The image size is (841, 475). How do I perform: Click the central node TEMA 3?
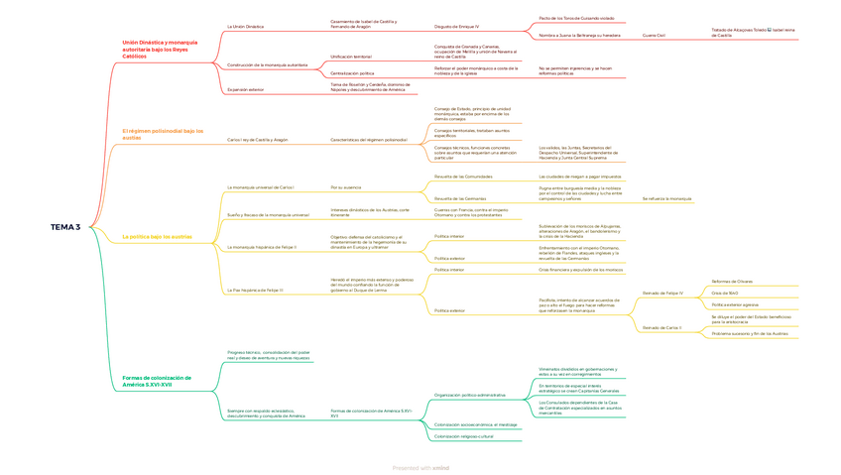pyautogui.click(x=65, y=227)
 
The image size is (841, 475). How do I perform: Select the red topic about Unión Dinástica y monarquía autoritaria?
pyautogui.click(x=160, y=50)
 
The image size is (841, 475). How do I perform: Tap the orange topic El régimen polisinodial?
pyautogui.click(x=163, y=134)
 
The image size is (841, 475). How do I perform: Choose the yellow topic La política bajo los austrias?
pyautogui.click(x=157, y=237)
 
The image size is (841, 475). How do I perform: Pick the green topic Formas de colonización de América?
pyautogui.click(x=157, y=381)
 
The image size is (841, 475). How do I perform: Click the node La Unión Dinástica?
pyautogui.click(x=246, y=27)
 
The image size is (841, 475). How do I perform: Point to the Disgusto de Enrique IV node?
pyautogui.click(x=456, y=27)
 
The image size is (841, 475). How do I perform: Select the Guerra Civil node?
pyautogui.click(x=654, y=36)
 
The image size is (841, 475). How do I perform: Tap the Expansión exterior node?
pyautogui.click(x=246, y=90)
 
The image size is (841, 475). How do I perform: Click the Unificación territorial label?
pyautogui.click(x=351, y=57)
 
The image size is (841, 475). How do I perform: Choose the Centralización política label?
pyautogui.click(x=352, y=73)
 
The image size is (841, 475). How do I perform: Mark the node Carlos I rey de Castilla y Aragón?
pyautogui.click(x=258, y=140)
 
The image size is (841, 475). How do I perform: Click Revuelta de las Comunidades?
pyautogui.click(x=463, y=177)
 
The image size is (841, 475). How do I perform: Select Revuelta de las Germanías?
pyautogui.click(x=460, y=198)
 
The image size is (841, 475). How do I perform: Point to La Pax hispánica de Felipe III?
pyautogui.click(x=255, y=291)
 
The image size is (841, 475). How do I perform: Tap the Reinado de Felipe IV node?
pyautogui.click(x=662, y=294)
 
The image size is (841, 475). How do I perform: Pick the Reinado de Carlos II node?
pyautogui.click(x=661, y=327)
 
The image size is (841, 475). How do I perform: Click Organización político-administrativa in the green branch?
pyautogui.click(x=469, y=395)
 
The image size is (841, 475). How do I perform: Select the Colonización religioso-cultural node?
pyautogui.click(x=463, y=436)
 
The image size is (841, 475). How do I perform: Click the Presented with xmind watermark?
pyautogui.click(x=420, y=468)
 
